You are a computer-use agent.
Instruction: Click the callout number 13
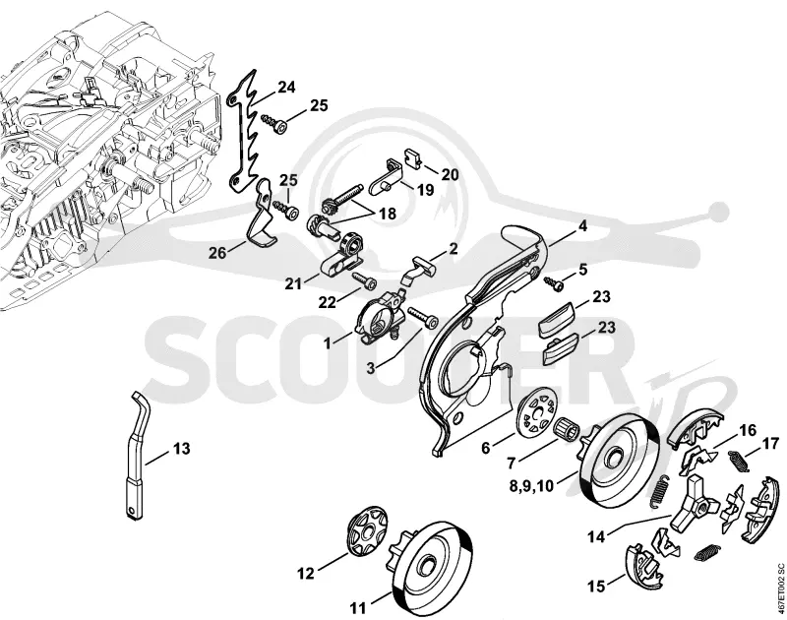click(182, 448)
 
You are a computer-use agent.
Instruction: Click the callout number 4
click(582, 226)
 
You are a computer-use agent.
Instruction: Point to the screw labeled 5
click(554, 283)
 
